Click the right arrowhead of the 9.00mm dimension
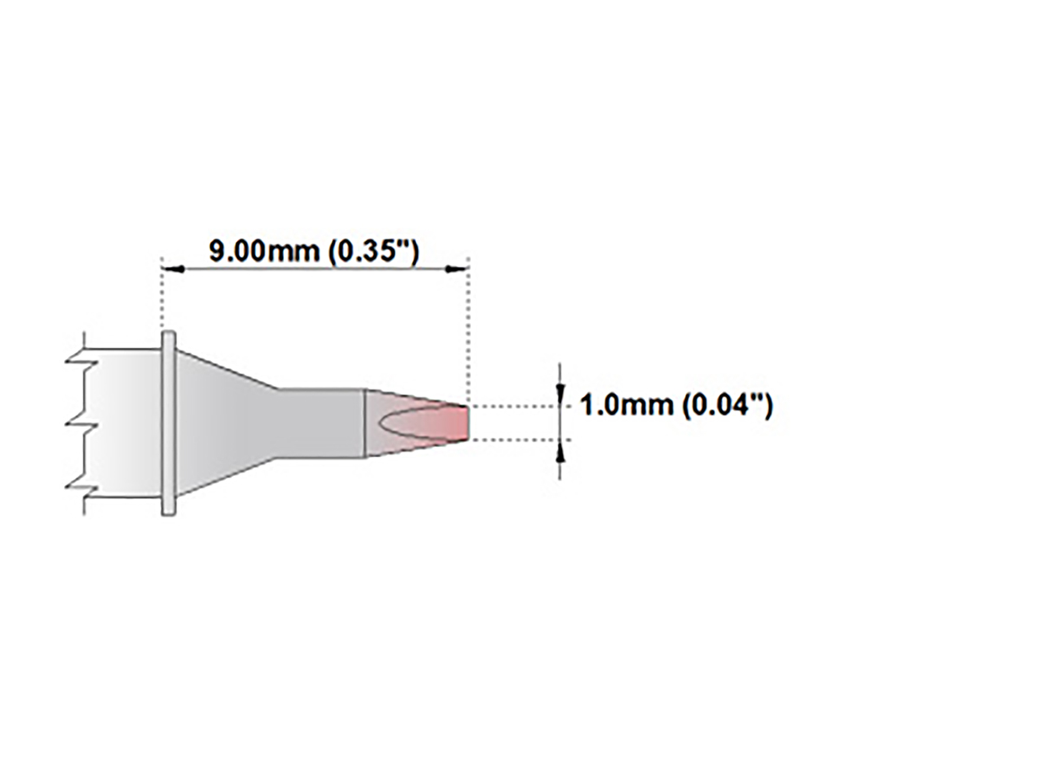click(x=456, y=270)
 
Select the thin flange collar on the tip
click(x=169, y=423)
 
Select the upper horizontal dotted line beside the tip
click(x=511, y=406)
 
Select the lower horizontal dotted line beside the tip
click(x=511, y=441)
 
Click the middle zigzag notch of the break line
click(x=78, y=423)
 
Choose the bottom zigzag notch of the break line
click(x=78, y=492)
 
